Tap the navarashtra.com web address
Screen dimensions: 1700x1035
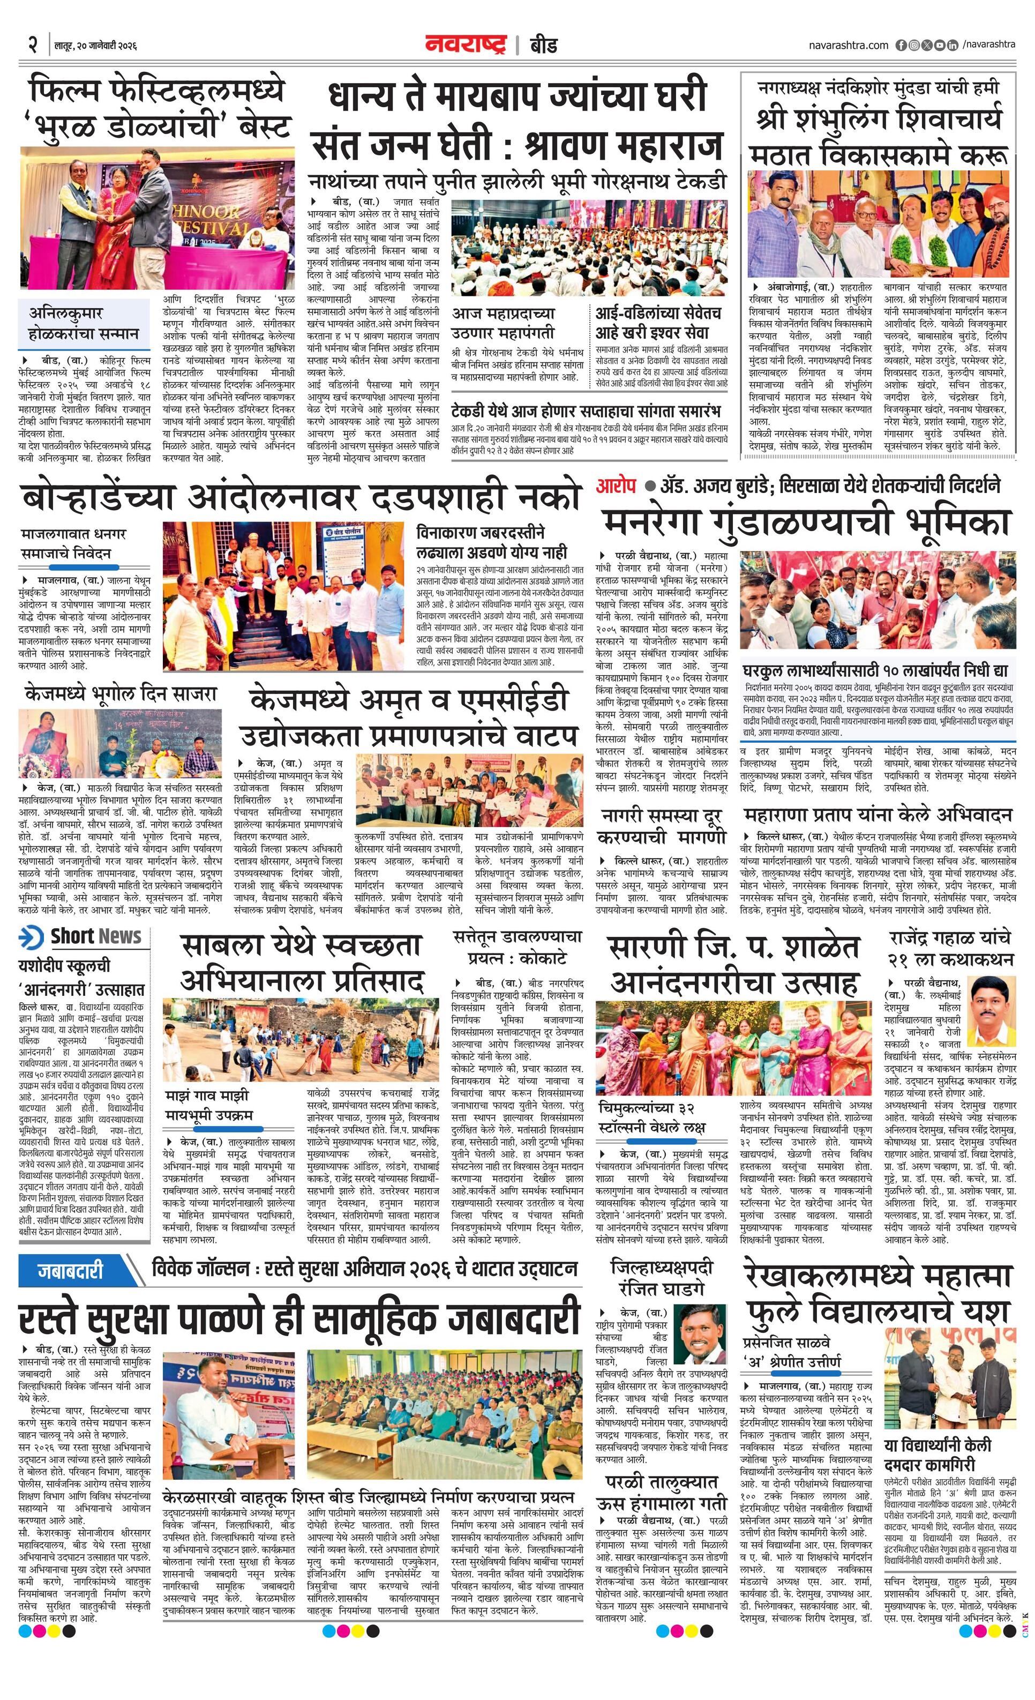point(848,45)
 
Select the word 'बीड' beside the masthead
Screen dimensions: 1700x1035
point(543,46)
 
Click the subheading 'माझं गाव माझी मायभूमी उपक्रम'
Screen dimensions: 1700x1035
point(208,1105)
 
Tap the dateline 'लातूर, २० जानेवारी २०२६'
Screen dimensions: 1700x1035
point(96,46)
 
